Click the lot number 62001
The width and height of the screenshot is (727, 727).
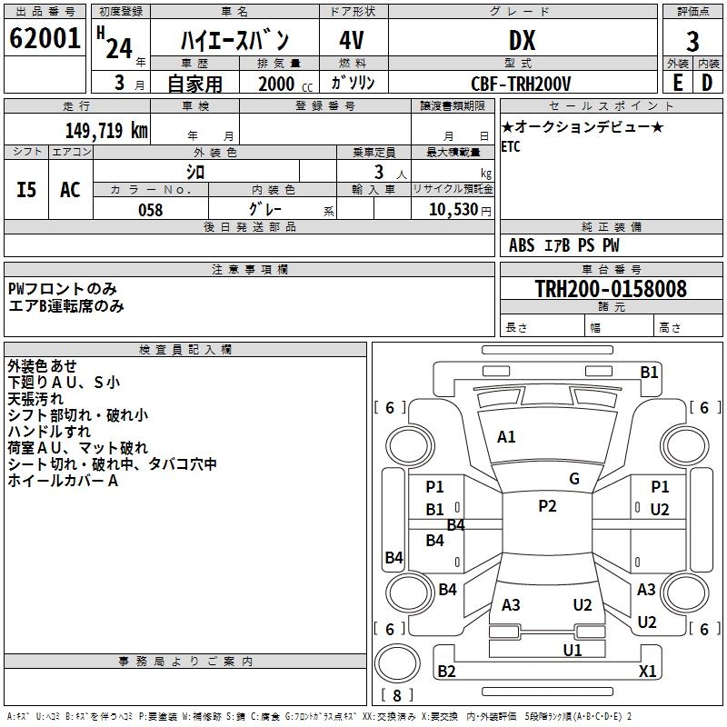pyautogui.click(x=44, y=39)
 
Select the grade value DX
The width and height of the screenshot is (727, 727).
pyautogui.click(x=522, y=41)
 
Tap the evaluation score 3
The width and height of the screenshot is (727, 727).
pyautogui.click(x=692, y=41)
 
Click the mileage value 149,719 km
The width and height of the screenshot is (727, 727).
pyautogui.click(x=107, y=130)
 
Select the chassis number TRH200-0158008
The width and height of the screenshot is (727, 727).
pyautogui.click(x=611, y=290)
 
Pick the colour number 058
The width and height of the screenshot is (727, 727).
pyautogui.click(x=150, y=210)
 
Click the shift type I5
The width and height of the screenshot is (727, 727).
pyautogui.click(x=27, y=190)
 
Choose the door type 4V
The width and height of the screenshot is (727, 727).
pyautogui.click(x=352, y=41)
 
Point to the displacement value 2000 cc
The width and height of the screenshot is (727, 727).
pyautogui.click(x=283, y=84)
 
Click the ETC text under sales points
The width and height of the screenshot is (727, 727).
pyautogui.click(x=511, y=147)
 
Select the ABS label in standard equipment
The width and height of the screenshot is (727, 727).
pyautogui.click(x=522, y=245)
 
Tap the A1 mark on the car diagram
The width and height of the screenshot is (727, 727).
pyautogui.click(x=506, y=437)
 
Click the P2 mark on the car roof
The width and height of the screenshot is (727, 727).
pyautogui.click(x=547, y=506)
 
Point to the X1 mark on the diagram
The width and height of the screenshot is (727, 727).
pyautogui.click(x=648, y=672)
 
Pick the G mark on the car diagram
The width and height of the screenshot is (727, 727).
pyautogui.click(x=574, y=479)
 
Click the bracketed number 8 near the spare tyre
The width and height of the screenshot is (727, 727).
pyautogui.click(x=396, y=695)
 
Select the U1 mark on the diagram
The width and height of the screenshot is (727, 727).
pyautogui.click(x=573, y=650)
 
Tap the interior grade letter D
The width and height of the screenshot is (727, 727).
pyautogui.click(x=707, y=83)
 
